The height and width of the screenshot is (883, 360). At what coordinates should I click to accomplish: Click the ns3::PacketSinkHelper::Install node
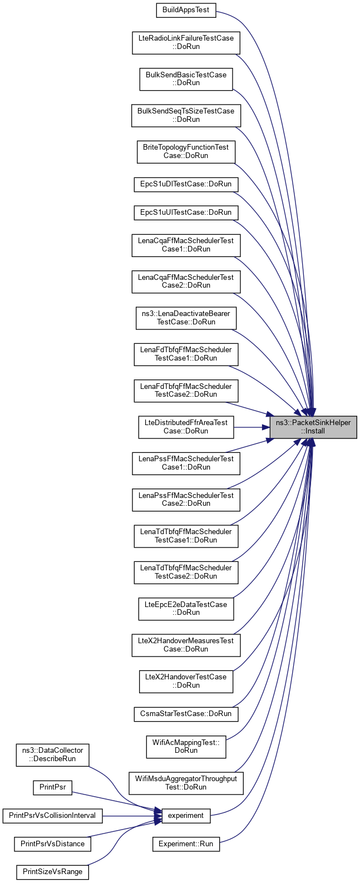point(313,427)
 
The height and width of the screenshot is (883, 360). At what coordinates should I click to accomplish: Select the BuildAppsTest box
point(185,10)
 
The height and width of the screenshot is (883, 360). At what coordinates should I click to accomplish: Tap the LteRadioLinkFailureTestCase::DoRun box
point(186,42)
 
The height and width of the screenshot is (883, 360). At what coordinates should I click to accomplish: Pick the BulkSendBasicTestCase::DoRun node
point(186,78)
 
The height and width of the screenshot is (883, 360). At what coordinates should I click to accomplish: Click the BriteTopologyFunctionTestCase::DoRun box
point(186,151)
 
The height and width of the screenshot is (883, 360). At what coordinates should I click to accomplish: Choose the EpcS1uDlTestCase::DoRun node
point(186,184)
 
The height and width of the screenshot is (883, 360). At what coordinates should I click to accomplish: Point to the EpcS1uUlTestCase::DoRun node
point(186,212)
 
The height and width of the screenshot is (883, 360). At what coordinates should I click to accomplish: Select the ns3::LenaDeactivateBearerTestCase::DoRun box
point(186,318)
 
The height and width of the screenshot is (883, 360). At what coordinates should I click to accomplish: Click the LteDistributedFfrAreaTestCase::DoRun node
point(186,427)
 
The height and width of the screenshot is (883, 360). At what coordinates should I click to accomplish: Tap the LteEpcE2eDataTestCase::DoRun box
point(186,608)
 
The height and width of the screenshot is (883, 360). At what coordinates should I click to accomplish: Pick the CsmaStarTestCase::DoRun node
point(186,713)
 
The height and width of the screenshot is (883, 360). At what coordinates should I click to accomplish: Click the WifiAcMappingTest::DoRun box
point(186,746)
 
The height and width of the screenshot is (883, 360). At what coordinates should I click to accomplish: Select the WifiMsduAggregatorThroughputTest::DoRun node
point(186,783)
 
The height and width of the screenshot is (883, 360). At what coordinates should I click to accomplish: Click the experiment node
point(186,816)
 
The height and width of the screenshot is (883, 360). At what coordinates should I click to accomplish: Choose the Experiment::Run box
point(186,844)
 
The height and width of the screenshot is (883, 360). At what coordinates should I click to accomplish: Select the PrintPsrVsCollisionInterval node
point(52,816)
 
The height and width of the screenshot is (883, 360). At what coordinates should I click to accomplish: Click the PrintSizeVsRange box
point(52,872)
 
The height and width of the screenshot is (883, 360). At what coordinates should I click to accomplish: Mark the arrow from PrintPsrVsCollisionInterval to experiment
point(128,816)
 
